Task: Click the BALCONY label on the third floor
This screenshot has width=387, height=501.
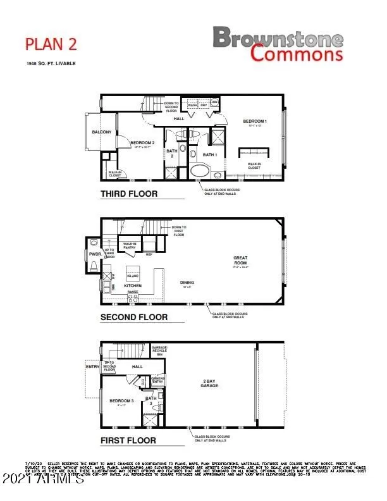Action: click(x=101, y=132)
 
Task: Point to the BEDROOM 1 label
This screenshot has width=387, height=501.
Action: click(x=255, y=120)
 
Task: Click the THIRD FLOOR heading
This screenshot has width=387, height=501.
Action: click(x=128, y=194)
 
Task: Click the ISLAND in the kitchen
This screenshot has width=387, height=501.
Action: click(x=133, y=276)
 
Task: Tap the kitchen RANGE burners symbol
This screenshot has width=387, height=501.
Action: click(x=133, y=297)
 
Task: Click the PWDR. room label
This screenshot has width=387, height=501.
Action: click(x=94, y=256)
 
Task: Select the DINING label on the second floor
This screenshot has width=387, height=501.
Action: click(x=187, y=283)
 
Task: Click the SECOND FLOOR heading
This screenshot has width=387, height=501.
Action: click(x=134, y=317)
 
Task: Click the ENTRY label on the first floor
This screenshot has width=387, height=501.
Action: click(x=92, y=366)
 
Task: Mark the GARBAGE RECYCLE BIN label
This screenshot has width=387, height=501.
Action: click(x=159, y=350)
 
